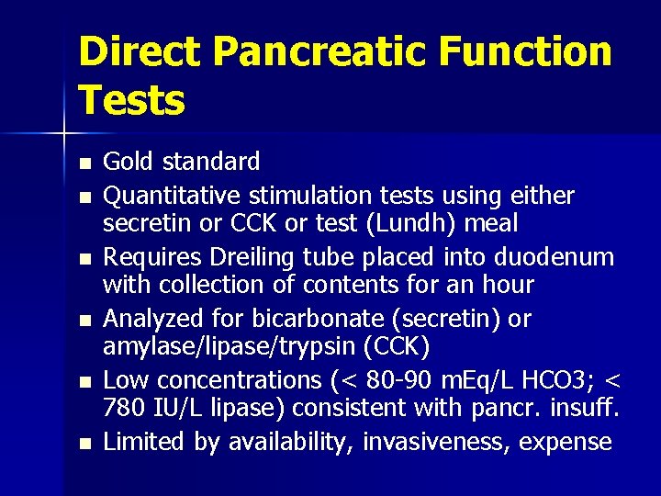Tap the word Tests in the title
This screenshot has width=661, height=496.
132,99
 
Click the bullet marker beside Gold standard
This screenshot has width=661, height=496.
84,164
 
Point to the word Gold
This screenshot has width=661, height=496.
129,163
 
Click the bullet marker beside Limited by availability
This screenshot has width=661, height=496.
84,445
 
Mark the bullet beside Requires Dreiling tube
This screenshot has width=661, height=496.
84,260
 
